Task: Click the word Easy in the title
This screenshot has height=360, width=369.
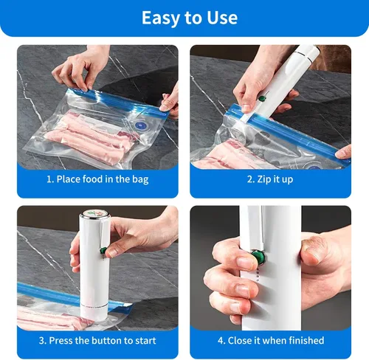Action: [x=161, y=18]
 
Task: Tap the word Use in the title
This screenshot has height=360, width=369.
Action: [x=222, y=18]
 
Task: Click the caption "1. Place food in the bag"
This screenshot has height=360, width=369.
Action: [x=97, y=179]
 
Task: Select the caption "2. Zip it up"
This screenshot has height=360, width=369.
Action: [x=270, y=179]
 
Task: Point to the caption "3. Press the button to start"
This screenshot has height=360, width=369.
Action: [x=97, y=341]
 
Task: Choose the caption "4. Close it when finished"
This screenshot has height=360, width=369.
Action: [x=271, y=341]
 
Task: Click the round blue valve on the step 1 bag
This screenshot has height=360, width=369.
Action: [x=139, y=125]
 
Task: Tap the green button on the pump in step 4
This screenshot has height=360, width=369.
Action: [x=258, y=257]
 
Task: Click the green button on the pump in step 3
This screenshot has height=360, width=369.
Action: [x=103, y=251]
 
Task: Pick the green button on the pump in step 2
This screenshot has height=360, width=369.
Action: [x=262, y=98]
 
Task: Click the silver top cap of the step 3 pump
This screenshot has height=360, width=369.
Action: [x=95, y=213]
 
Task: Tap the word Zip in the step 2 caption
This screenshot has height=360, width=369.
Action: [x=263, y=179]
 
